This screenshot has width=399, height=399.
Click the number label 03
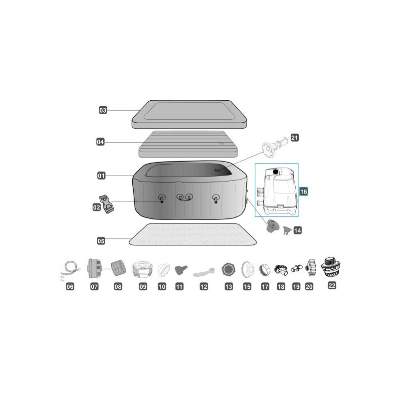(x=103, y=110)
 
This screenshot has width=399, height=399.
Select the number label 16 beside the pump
(x=304, y=191)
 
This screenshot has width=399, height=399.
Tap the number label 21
(x=294, y=138)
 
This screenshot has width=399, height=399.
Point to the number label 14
(x=298, y=230)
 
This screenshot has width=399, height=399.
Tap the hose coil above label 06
(x=69, y=269)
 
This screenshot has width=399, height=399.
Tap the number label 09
(x=143, y=287)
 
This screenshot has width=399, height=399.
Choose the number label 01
(x=102, y=176)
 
